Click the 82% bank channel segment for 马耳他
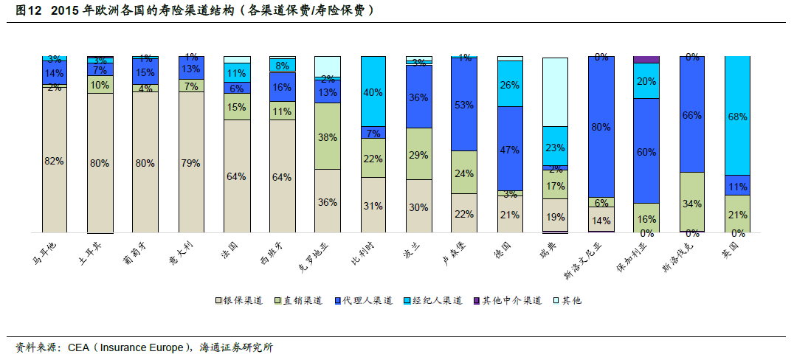pyautogui.click(x=55, y=161)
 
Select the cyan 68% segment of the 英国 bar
pyautogui.click(x=737, y=116)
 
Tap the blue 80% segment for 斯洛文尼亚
pyautogui.click(x=601, y=126)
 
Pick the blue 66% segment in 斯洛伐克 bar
pyautogui.click(x=691, y=114)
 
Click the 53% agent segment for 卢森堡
pyautogui.click(x=464, y=105)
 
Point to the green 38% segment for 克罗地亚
pyautogui.click(x=328, y=136)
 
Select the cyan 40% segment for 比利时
pyautogui.click(x=373, y=92)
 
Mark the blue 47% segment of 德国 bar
pyautogui.click(x=510, y=149)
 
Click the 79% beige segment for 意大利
pyautogui.click(x=191, y=162)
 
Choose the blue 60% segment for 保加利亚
pyautogui.click(x=646, y=151)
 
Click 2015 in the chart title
pyautogui.click(x=66, y=11)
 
